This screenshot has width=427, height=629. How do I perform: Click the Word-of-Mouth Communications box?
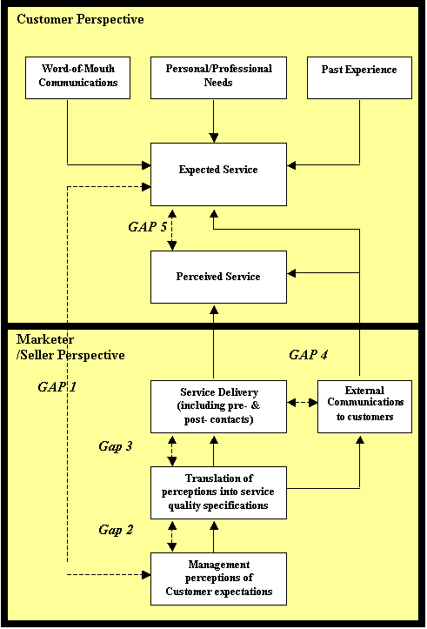tap(77, 77)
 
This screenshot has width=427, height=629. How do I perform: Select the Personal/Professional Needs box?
tap(218, 77)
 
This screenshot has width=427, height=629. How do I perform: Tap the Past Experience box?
tap(359, 77)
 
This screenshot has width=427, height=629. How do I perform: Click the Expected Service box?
tap(218, 175)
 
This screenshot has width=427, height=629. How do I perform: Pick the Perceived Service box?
tap(218, 278)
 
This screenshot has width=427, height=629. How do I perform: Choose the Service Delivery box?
tap(218, 406)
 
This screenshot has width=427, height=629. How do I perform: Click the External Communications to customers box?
tap(364, 406)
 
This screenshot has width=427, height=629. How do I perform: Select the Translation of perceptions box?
tap(218, 492)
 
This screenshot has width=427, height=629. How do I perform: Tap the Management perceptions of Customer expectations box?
tap(218, 579)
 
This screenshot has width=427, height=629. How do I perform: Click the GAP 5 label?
tap(147, 227)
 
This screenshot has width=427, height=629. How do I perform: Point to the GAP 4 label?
tap(309, 355)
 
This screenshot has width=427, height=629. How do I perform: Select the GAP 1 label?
tap(57, 386)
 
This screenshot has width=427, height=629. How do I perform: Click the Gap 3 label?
tap(116, 446)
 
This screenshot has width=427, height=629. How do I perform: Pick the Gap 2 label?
tap(116, 530)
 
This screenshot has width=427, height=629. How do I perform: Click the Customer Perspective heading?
tap(80, 19)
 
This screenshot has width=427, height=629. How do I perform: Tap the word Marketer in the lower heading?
tap(45, 339)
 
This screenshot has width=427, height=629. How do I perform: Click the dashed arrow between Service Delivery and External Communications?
tap(303, 402)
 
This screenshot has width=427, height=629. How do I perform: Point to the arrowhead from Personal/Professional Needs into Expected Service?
tap(214, 137)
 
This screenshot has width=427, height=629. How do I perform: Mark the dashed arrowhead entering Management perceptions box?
tap(146, 575)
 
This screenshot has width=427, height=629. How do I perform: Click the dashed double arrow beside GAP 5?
tap(172, 229)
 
